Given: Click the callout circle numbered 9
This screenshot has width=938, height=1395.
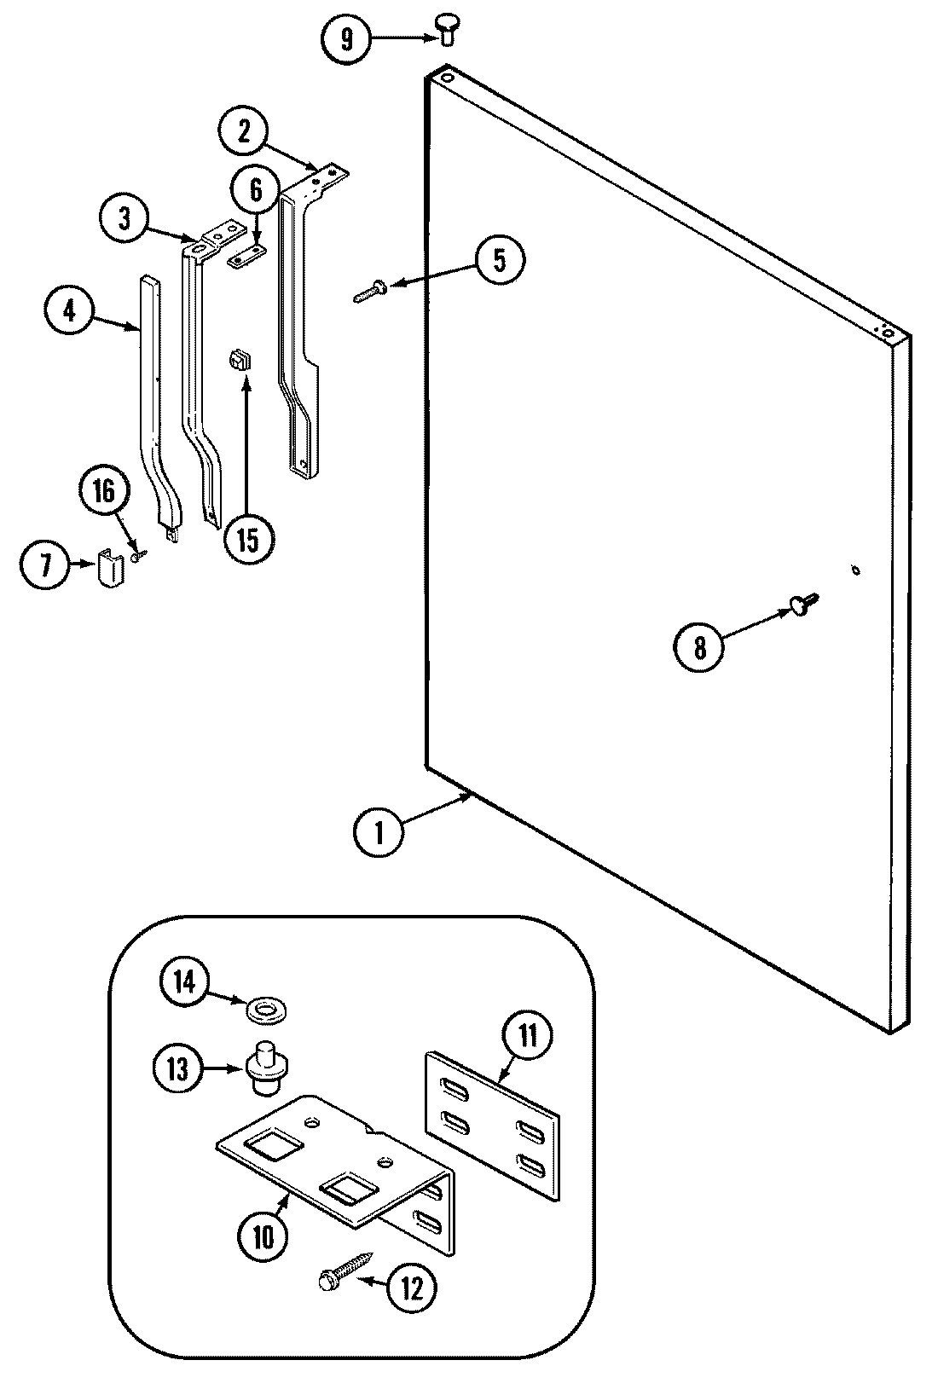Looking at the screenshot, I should coord(346,40).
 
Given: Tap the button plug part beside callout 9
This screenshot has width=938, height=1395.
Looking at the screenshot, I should coord(446,28).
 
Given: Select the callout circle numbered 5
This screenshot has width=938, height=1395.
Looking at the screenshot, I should coord(498,260).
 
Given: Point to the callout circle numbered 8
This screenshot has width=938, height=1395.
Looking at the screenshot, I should coord(699,648).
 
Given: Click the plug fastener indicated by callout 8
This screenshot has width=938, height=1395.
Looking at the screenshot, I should coord(802,603).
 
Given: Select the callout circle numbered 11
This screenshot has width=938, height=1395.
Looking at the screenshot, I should coord(528,1037).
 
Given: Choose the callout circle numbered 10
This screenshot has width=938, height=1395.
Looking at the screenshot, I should coord(263,1236).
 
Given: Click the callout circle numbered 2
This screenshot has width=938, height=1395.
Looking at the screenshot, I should coord(244,130).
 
